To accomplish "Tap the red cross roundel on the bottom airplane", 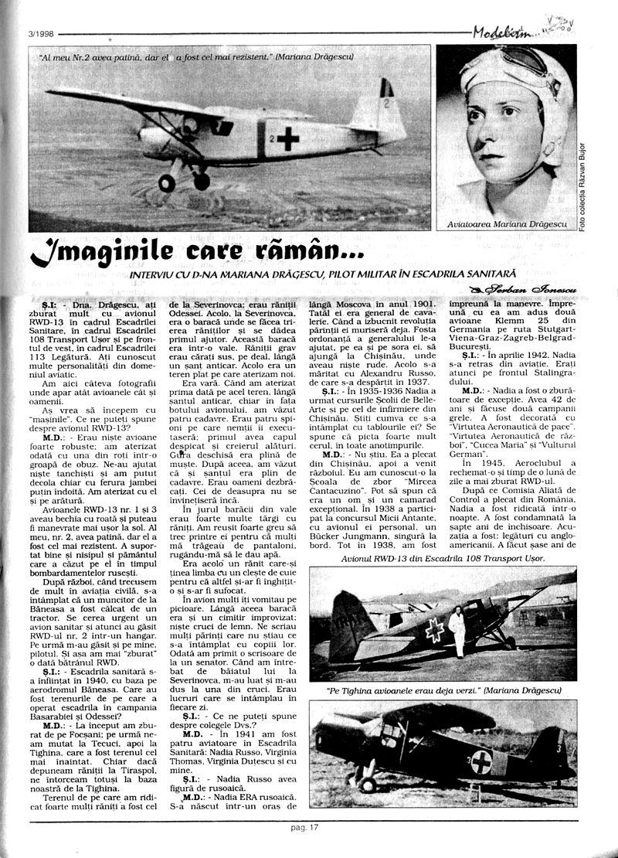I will pyautogui.click(x=482, y=761).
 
